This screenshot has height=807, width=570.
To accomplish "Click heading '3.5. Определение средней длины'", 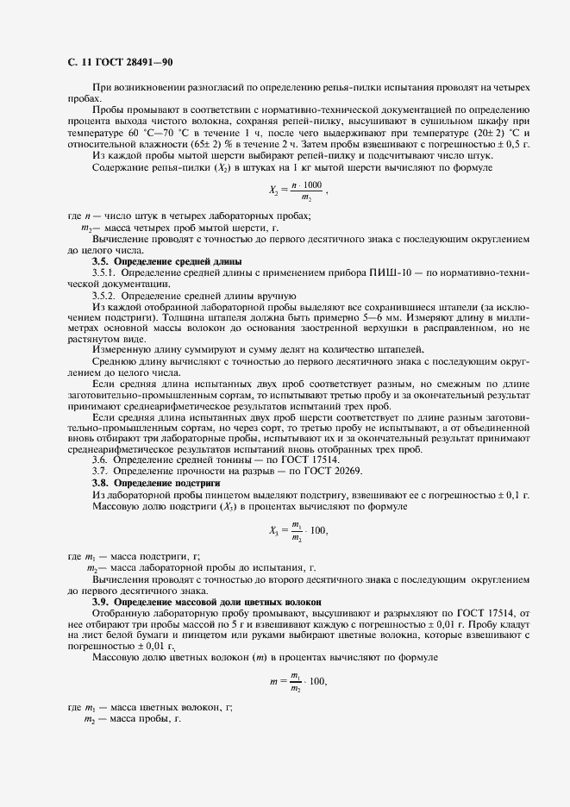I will (x=166, y=260).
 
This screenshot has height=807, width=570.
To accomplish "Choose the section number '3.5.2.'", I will (x=108, y=295).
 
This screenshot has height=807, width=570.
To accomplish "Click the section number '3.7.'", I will (x=102, y=472).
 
